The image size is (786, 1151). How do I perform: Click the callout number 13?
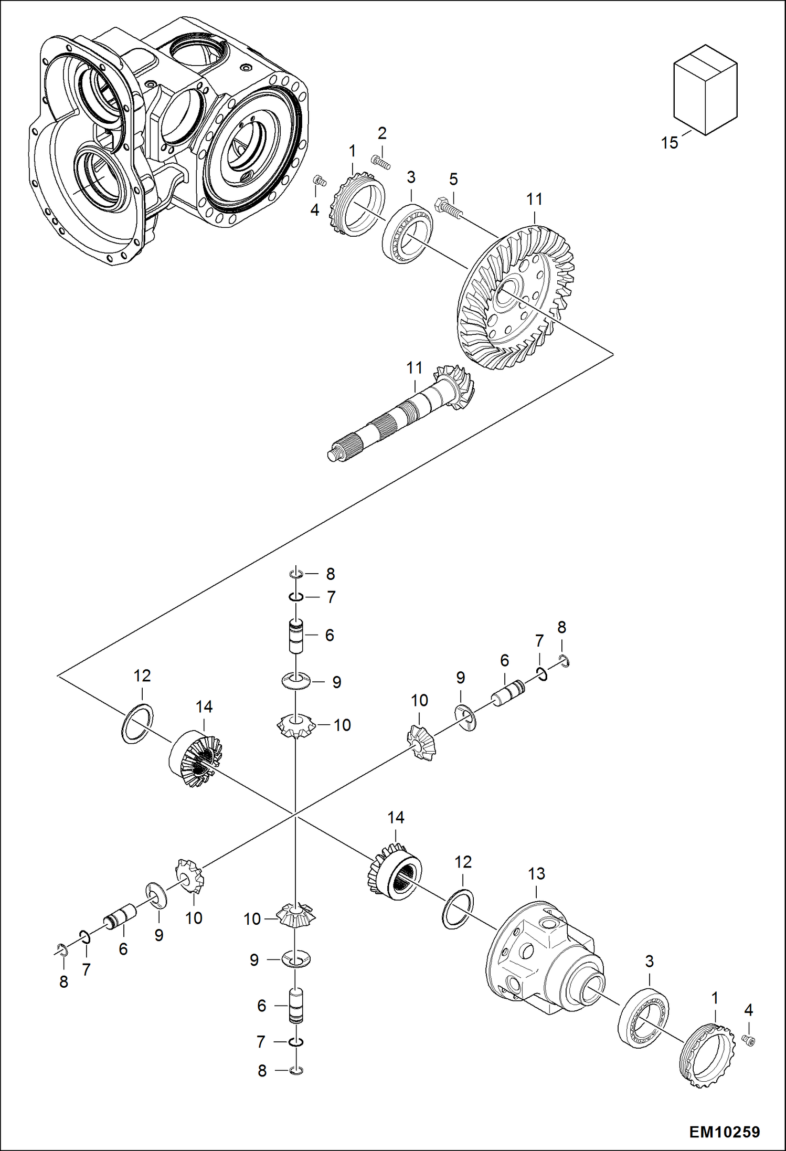tap(536, 873)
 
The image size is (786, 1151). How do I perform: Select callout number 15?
tap(669, 143)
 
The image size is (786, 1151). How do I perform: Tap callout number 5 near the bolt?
tap(453, 179)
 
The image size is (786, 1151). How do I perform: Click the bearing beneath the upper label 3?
tap(407, 231)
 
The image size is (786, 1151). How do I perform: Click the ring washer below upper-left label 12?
tap(137, 724)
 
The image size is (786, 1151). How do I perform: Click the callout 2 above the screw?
tap(382, 133)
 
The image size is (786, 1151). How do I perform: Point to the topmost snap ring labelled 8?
tap(296, 575)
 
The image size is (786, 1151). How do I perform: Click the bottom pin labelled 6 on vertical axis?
tap(296, 1006)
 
